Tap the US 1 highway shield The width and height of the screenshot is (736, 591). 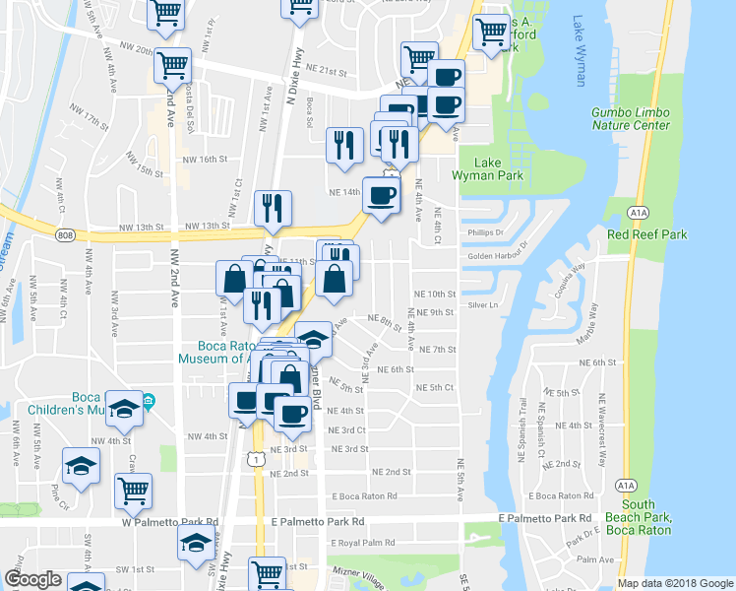(x=257, y=460)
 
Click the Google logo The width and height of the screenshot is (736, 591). (x=32, y=579)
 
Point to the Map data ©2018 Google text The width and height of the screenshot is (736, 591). (x=675, y=583)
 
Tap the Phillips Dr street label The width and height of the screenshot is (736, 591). (x=486, y=233)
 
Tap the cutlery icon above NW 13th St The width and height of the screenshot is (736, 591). (x=273, y=208)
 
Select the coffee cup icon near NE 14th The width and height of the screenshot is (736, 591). (x=381, y=194)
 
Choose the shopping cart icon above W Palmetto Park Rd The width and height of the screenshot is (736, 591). (x=133, y=490)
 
